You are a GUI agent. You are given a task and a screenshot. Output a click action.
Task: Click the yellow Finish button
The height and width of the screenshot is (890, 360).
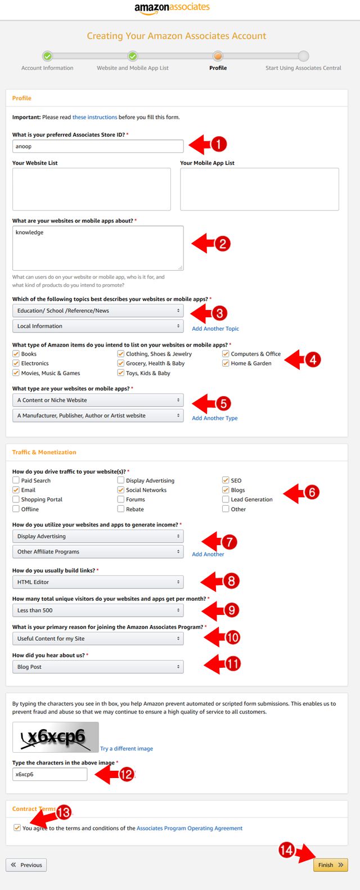330,865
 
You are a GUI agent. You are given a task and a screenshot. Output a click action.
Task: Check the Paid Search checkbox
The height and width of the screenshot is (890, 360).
16,480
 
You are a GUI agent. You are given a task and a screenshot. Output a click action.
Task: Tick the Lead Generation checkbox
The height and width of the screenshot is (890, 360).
226,500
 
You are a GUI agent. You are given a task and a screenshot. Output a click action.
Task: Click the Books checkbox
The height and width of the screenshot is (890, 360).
16,354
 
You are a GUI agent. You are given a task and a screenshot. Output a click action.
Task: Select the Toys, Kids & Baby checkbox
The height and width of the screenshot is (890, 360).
121,373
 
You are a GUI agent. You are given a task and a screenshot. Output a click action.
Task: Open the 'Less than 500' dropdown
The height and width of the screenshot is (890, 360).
97,610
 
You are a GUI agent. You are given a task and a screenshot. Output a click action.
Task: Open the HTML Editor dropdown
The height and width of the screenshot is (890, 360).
97,582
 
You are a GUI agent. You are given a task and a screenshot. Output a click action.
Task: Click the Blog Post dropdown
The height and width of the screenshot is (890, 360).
97,667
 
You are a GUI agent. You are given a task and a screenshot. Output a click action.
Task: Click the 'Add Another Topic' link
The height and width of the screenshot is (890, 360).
215,329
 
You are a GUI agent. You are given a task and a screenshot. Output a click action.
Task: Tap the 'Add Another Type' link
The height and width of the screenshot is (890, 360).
215,418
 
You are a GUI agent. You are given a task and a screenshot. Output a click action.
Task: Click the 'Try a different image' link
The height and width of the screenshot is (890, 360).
127,749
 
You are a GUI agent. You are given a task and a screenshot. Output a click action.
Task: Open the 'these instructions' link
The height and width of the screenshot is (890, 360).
94,117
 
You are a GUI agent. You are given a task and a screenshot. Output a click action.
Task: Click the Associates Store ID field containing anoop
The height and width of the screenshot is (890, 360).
98,146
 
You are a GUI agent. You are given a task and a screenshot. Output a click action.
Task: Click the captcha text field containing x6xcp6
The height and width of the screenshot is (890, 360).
49,774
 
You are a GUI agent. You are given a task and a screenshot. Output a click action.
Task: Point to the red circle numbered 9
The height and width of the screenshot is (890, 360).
231,610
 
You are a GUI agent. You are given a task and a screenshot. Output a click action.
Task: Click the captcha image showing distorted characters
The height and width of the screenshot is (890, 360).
56,737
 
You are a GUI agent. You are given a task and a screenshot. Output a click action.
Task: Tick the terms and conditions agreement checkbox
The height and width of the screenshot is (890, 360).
17,828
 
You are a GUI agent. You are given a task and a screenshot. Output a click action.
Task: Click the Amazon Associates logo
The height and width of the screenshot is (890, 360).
172,8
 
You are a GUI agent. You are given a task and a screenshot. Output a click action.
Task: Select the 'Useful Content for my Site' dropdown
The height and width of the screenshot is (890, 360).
97,639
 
